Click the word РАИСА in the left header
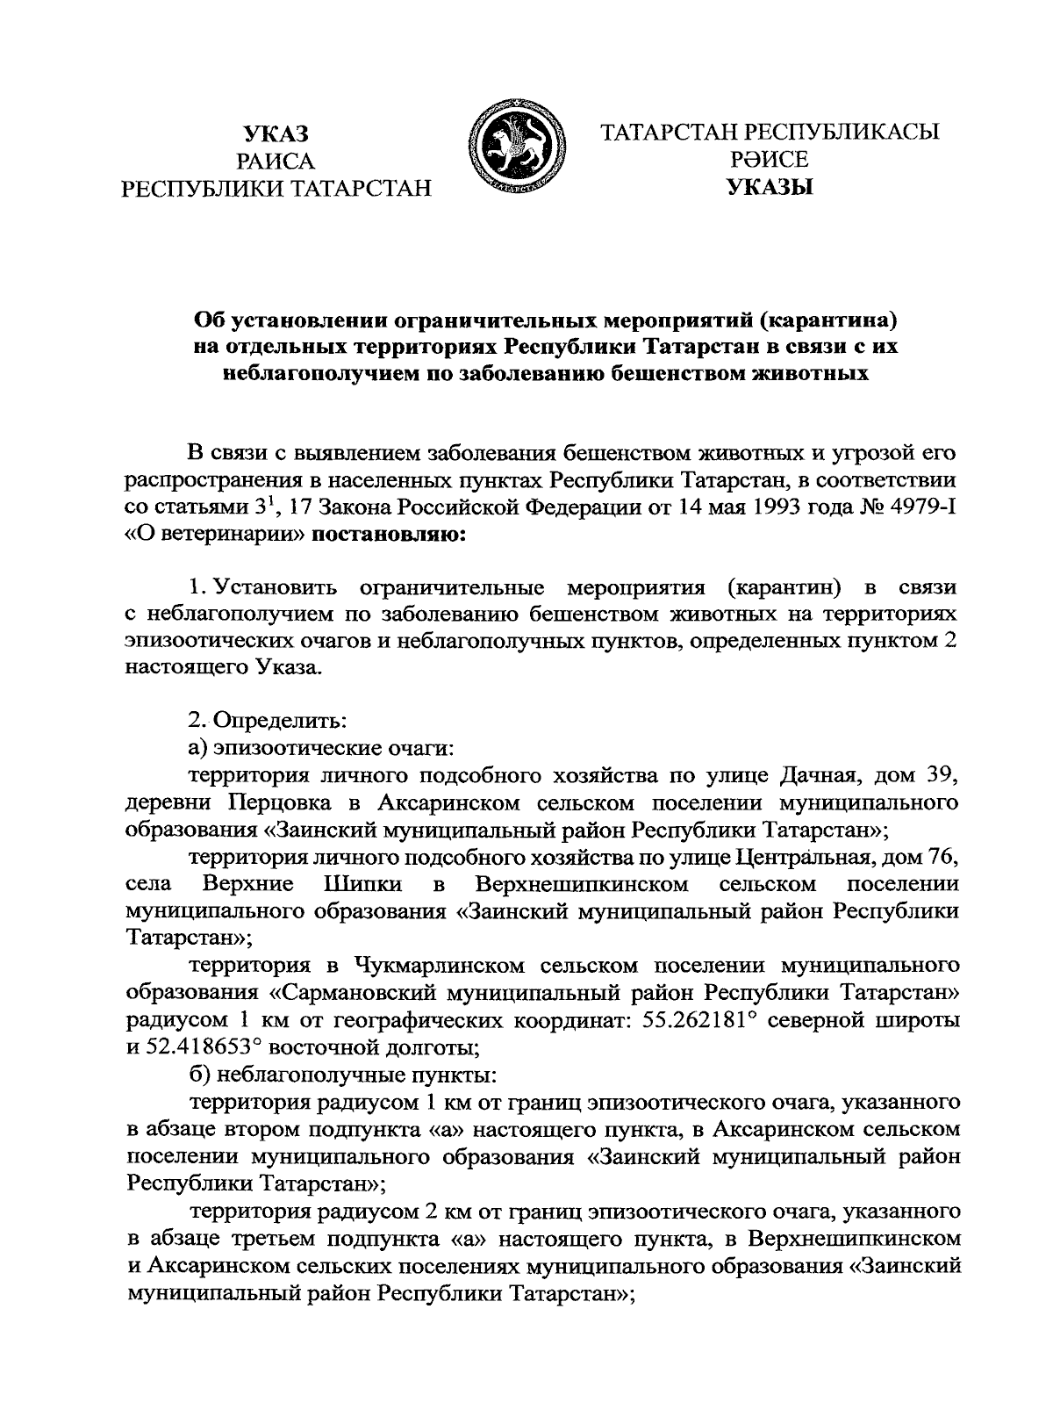click(277, 161)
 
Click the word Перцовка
click(276, 802)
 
